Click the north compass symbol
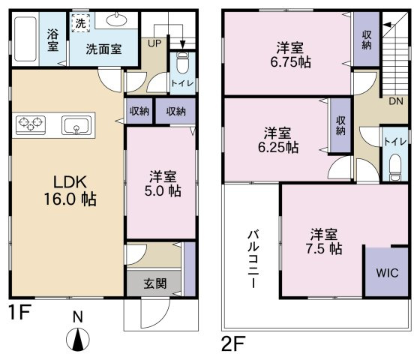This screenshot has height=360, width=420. point(78,339)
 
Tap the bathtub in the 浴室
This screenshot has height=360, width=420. point(25,39)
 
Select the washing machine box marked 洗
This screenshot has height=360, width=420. point(80,23)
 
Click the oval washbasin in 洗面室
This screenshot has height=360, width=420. point(117,19)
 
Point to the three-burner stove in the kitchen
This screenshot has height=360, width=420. point(31,124)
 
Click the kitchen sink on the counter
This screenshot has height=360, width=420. point(76,125)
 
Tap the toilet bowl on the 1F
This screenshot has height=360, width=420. point(183,63)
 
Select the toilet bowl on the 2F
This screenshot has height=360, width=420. point(395,168)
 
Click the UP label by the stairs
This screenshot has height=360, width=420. point(154,43)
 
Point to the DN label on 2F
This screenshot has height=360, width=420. point(396,101)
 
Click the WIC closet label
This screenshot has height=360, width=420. point(387,273)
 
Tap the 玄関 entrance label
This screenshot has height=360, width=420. point(155,283)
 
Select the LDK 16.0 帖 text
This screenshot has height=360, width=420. point(70,190)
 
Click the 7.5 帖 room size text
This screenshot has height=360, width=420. point(324,249)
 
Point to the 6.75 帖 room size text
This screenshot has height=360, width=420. point(291,62)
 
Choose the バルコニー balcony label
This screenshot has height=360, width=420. point(253,259)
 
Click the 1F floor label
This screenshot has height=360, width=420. point(20,312)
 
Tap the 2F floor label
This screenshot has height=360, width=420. point(233,343)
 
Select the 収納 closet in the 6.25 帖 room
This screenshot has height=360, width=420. point(340,125)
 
